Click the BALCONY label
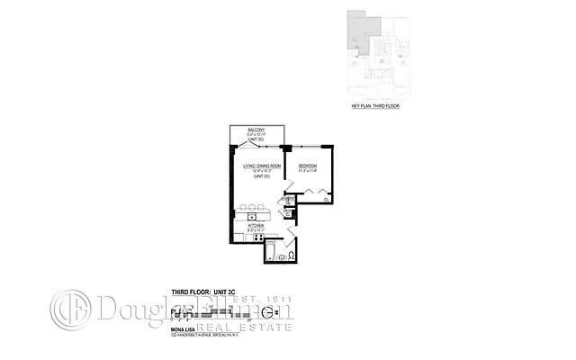(256, 130)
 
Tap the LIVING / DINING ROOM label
(262, 166)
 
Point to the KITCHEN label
(255, 226)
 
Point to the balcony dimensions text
(256, 135)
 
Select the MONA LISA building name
(185, 329)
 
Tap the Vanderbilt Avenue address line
(208, 336)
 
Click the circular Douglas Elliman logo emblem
(70, 310)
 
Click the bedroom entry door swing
(293, 184)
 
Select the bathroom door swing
(290, 238)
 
